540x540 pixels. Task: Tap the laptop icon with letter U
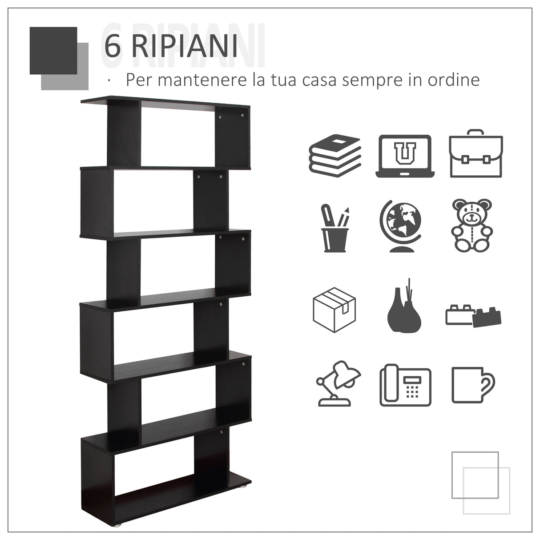tap(404, 156)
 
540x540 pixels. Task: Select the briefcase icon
tap(476, 153)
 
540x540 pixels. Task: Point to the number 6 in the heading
tap(112, 46)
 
